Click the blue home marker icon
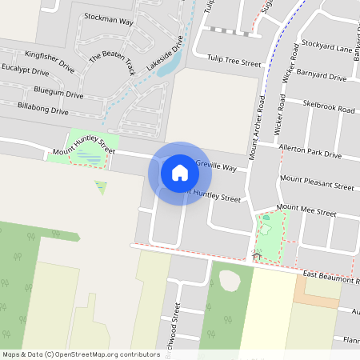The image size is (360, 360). [x=180, y=173]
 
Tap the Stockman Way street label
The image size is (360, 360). [x=108, y=20]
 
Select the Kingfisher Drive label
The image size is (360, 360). [x=50, y=61]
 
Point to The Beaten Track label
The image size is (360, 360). [x=111, y=63]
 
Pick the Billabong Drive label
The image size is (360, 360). [x=42, y=109]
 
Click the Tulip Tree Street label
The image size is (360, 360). [x=234, y=62]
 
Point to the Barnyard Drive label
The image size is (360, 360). [x=320, y=78]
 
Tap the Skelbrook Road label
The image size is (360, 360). [x=329, y=107]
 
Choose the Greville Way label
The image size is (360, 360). [x=216, y=167]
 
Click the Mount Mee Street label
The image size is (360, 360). [x=306, y=211]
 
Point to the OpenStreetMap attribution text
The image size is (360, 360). [x=81, y=354]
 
